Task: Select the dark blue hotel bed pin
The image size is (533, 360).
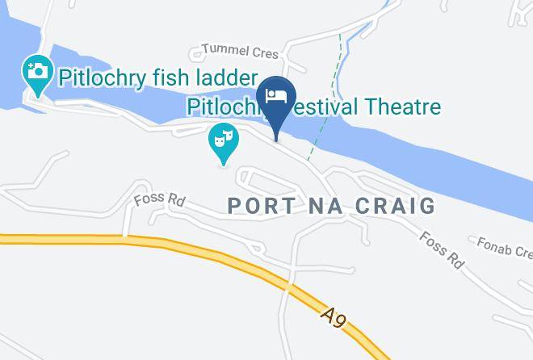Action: click(x=277, y=97)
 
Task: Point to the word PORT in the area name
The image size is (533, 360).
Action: click(x=259, y=206)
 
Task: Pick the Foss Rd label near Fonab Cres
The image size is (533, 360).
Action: click(x=443, y=249)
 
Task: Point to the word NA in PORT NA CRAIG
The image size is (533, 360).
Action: click(x=329, y=206)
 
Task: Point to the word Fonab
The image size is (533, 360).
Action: click(x=493, y=242)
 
